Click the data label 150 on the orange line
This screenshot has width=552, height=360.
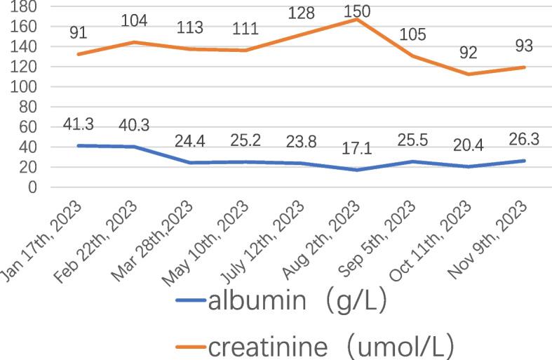tap(357, 11)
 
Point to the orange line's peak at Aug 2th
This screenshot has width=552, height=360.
tap(357, 19)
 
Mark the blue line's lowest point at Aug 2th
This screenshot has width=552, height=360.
tap(357, 170)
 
